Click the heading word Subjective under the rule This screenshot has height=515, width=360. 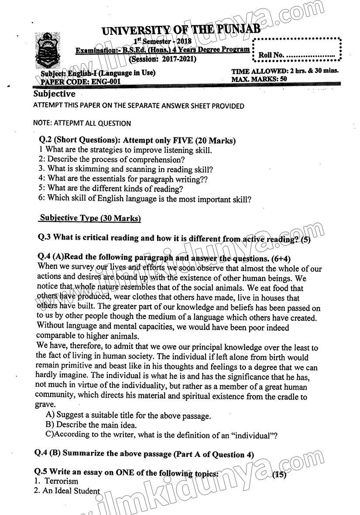(x=55, y=94)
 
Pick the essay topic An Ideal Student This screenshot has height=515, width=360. (x=71, y=491)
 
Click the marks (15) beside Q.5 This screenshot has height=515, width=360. (x=279, y=475)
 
